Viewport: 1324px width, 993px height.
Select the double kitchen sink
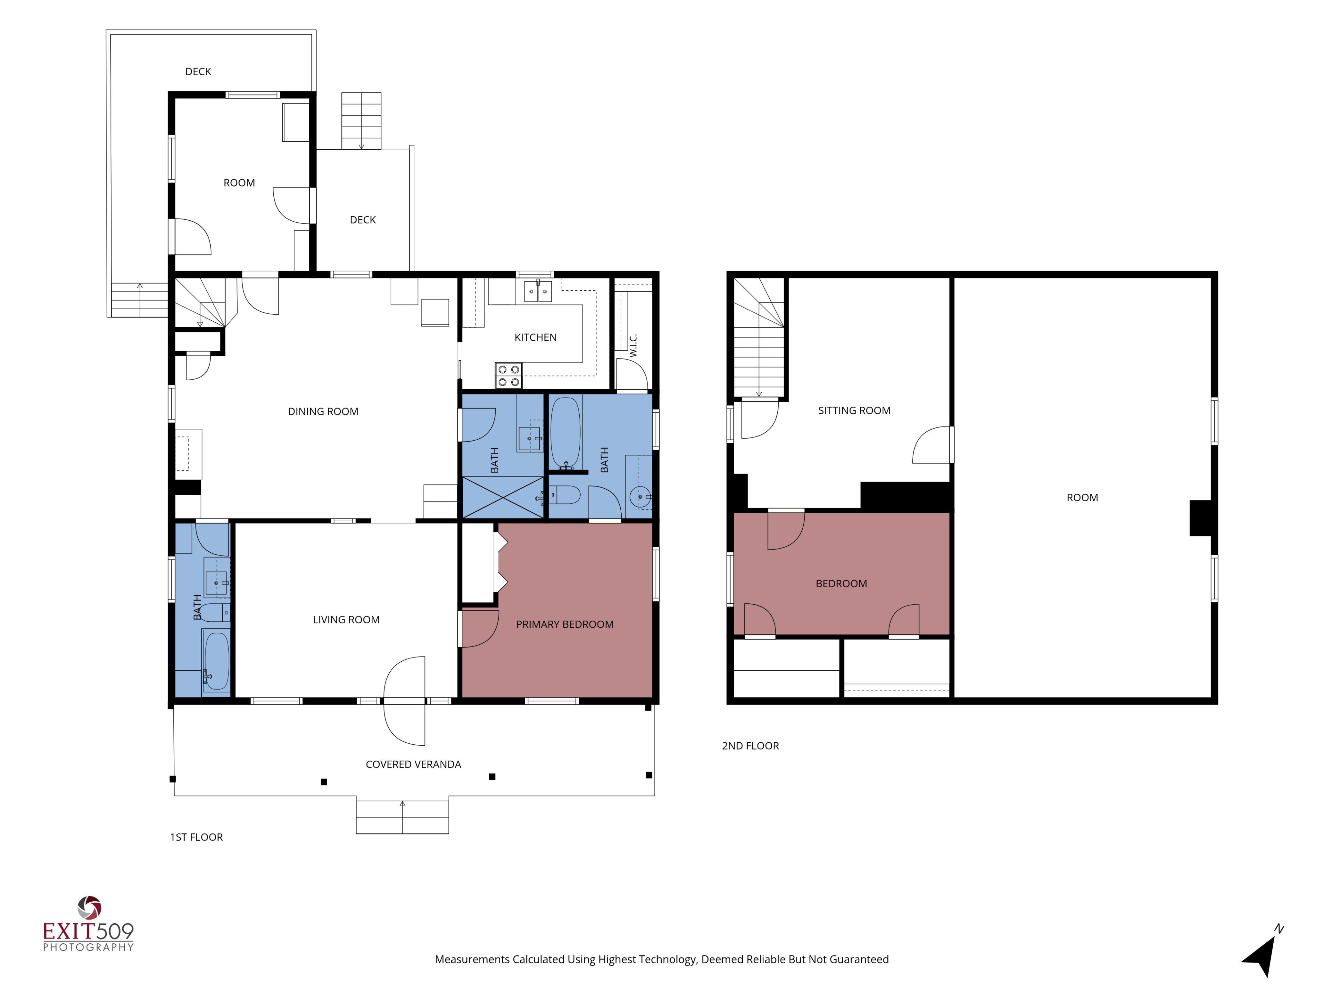[x=538, y=291]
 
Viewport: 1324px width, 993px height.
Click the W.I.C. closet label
[x=633, y=346]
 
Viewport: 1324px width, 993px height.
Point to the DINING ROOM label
[x=323, y=412]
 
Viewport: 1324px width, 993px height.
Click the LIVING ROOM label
[x=346, y=620]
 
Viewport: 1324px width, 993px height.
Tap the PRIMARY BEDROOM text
[x=564, y=624]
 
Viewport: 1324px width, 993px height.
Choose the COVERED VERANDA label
[x=413, y=764]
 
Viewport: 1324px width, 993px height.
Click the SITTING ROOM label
[x=854, y=411]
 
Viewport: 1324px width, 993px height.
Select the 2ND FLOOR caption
[x=751, y=746]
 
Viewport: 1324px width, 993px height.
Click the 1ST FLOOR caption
[x=196, y=837]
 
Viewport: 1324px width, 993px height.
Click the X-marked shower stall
[x=503, y=497]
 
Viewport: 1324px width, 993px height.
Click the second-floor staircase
[x=759, y=338]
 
